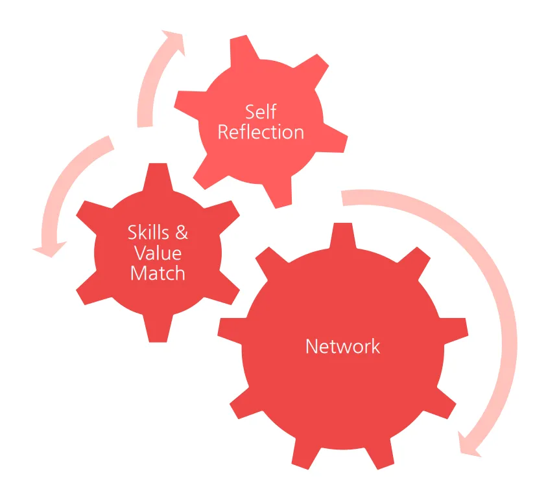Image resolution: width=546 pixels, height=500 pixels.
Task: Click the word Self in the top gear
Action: click(x=261, y=112)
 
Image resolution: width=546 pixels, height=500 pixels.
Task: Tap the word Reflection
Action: click(x=261, y=132)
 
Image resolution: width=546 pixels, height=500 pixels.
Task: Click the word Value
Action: click(x=158, y=253)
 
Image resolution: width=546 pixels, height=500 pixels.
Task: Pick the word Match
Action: click(x=158, y=273)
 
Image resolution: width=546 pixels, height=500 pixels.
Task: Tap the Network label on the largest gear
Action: click(x=342, y=347)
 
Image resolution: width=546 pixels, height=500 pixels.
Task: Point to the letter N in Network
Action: click(x=311, y=347)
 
